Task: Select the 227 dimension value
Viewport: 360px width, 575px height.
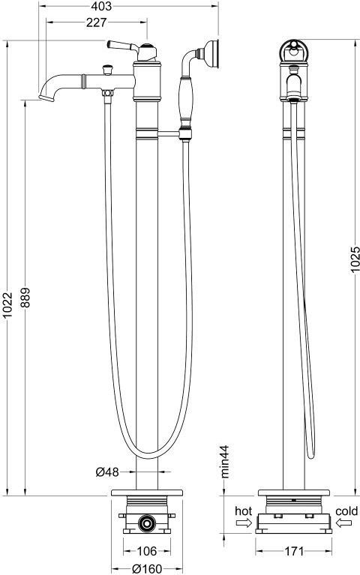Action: pos(97,22)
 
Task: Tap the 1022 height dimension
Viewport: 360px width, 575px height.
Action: pos(7,305)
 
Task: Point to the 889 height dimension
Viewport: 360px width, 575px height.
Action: pos(25,298)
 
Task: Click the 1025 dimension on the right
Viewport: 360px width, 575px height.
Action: pos(355,260)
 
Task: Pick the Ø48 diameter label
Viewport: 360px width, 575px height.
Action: pos(107,472)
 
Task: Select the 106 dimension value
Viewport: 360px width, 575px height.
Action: pos(147,550)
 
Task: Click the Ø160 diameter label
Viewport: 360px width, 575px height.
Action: pos(147,569)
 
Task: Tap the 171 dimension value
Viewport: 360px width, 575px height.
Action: pos(293,550)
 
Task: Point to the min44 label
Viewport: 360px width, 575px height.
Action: pos(224,461)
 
